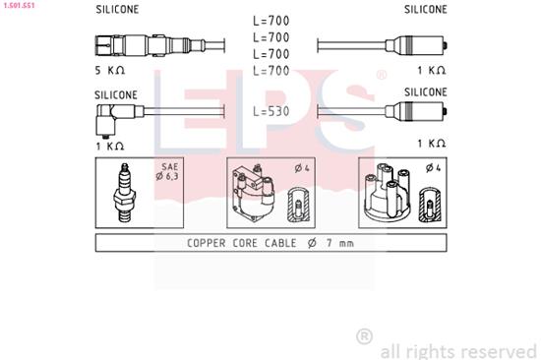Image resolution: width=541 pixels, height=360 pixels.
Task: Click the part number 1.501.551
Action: click(x=22, y=4)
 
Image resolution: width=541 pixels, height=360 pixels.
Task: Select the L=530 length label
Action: click(x=271, y=111)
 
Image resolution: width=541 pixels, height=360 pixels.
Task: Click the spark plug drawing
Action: click(x=125, y=189)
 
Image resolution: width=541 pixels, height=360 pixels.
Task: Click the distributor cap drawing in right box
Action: click(x=388, y=189)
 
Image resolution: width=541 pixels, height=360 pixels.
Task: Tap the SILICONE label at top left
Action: click(x=116, y=9)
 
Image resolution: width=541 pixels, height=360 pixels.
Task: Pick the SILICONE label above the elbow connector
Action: click(x=116, y=94)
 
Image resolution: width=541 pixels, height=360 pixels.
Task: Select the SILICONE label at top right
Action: click(x=425, y=9)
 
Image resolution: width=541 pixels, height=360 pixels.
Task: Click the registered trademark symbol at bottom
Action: click(x=363, y=336)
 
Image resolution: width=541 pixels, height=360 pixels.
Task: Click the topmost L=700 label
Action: click(x=271, y=21)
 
